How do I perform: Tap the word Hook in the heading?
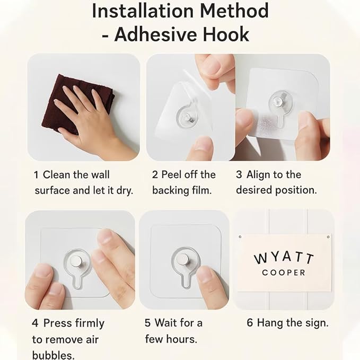click(x=226, y=34)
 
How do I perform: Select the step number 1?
click(x=36, y=175)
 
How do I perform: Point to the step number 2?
click(x=155, y=175)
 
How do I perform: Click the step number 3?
click(x=239, y=174)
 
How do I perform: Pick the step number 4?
click(x=35, y=323)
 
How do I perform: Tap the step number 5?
click(x=147, y=323)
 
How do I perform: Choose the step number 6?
click(x=250, y=322)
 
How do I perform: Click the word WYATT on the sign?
click(x=284, y=258)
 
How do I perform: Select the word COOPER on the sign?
click(x=284, y=273)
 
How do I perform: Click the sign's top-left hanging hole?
click(x=240, y=236)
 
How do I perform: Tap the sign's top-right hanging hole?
click(x=328, y=236)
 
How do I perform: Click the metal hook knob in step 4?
click(x=76, y=261)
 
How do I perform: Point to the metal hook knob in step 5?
click(x=182, y=259)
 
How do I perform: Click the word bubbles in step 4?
click(x=53, y=355)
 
